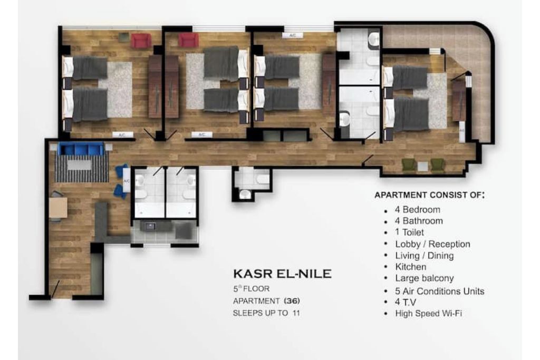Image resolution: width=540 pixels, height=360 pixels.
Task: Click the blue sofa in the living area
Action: (81, 149)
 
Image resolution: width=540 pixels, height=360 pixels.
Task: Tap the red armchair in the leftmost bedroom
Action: (141, 40)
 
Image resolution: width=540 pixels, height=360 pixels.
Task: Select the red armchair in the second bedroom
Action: (188, 40)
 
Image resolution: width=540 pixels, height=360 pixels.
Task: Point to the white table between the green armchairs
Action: (422, 167)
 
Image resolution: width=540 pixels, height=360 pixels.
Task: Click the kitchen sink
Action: (150, 227)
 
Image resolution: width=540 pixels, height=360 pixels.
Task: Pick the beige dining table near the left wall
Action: (58, 208)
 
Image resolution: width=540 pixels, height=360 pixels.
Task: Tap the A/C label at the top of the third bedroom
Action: (292, 35)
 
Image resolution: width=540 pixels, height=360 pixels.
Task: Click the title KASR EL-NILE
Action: (283, 274)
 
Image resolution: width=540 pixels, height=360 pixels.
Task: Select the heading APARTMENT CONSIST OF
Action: (429, 195)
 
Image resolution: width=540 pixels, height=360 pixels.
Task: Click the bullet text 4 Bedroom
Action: (418, 210)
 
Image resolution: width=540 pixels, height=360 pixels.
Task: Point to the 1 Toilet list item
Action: (409, 232)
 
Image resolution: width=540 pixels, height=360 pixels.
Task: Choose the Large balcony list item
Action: (425, 278)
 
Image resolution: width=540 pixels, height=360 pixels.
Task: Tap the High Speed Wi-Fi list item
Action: (428, 314)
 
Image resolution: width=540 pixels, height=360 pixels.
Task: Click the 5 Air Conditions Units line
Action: (439, 291)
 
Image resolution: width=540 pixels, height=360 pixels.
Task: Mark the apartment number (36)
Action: (292, 301)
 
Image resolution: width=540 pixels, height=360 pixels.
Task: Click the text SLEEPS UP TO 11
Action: (266, 313)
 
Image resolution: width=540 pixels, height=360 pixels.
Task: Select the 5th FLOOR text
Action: (252, 288)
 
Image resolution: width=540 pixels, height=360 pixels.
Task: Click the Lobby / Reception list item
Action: (432, 244)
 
